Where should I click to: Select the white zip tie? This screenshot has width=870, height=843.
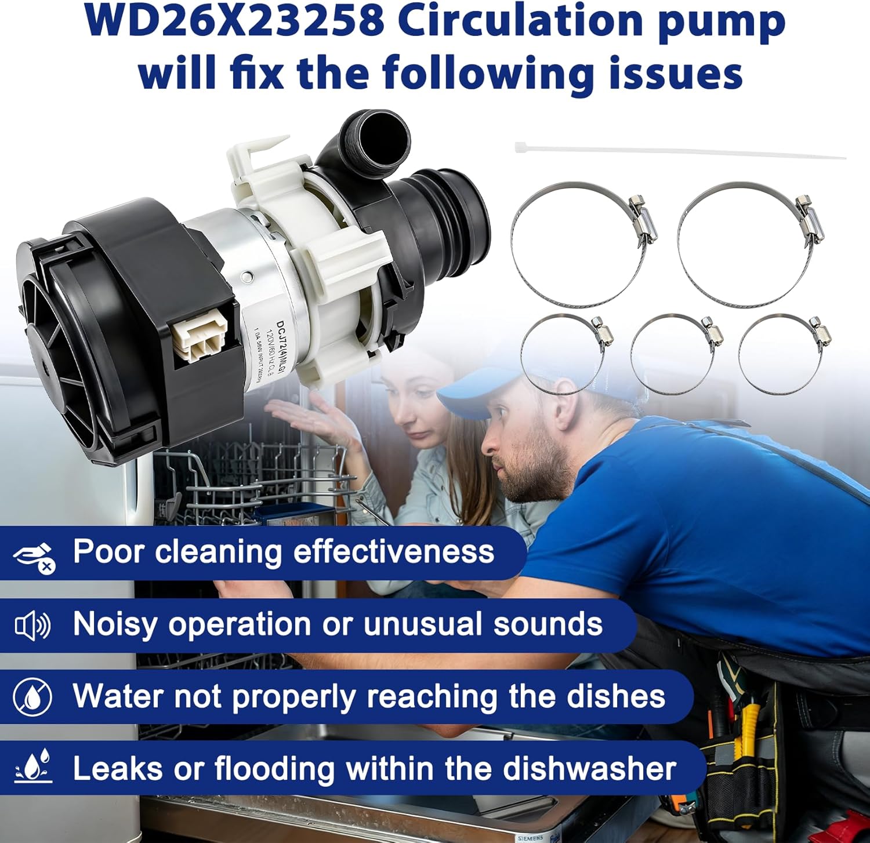[679, 151]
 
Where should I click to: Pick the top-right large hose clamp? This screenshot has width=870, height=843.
[748, 244]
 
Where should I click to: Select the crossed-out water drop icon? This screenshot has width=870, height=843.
[32, 697]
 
